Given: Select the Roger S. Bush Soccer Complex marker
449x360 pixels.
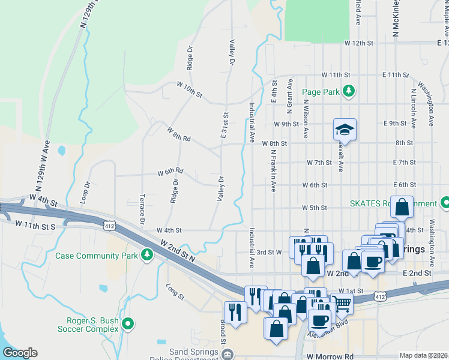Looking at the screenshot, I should [x=127, y=325].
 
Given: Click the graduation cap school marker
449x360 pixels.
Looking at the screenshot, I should [x=345, y=129].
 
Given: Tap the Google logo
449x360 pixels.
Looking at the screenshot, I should [x=20, y=353].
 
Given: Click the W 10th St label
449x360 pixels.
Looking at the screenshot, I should [x=189, y=91].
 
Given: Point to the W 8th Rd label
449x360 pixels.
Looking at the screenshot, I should [x=179, y=134].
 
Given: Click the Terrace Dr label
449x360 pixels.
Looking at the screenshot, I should [x=142, y=209].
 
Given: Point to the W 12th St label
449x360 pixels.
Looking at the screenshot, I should [x=359, y=44].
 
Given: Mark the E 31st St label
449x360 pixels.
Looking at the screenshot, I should [x=225, y=125].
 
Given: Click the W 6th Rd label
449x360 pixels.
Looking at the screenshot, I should [x=170, y=173].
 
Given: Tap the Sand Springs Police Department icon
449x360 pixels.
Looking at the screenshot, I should [x=227, y=355].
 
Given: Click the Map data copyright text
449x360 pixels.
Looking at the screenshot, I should [x=424, y=355].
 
